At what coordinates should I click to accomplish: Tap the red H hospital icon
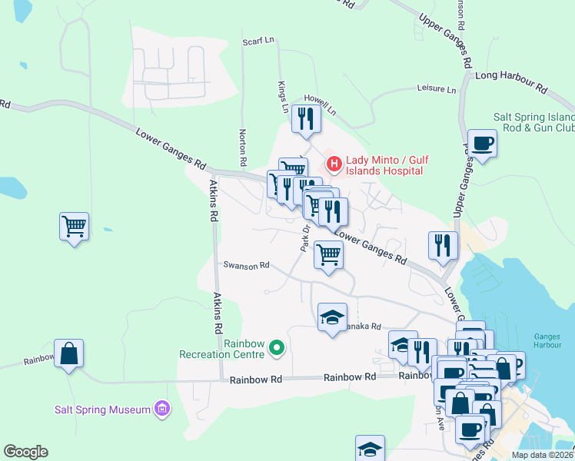tap(334, 163)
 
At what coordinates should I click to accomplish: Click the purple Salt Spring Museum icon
tap(161, 409)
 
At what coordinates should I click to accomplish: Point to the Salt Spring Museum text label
tap(102, 410)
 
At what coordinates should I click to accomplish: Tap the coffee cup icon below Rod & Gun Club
tap(482, 144)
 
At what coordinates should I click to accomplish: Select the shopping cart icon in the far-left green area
tap(74, 227)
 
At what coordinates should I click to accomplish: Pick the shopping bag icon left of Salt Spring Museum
tap(68, 353)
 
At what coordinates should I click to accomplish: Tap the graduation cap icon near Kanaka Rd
tap(332, 317)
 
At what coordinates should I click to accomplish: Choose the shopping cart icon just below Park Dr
tap(328, 254)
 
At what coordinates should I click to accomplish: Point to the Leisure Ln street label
tap(436, 89)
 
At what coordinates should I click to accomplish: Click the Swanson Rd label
tap(246, 265)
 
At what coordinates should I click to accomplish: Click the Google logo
tap(25, 452)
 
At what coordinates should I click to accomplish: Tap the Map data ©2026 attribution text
tap(542, 455)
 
